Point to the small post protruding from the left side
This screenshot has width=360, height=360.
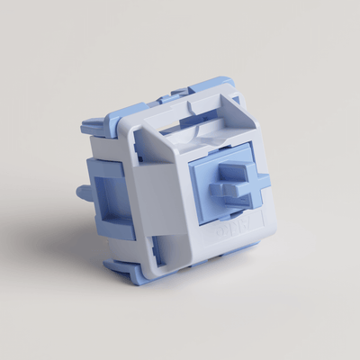(x=82, y=191)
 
